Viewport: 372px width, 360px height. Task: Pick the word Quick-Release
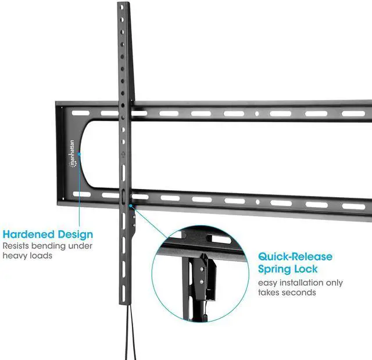click(x=295, y=256)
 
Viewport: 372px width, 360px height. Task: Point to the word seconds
click(x=300, y=292)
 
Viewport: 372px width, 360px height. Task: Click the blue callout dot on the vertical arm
click(x=131, y=205)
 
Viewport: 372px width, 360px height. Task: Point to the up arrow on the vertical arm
click(x=123, y=155)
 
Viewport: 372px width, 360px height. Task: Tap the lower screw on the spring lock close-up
click(x=202, y=281)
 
